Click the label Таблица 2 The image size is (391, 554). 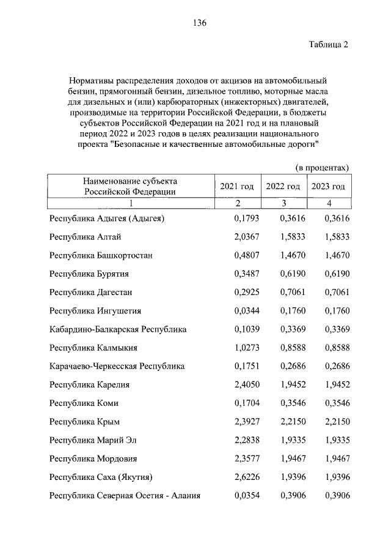tap(327, 46)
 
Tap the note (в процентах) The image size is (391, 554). tap(323, 167)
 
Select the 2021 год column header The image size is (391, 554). tap(237, 186)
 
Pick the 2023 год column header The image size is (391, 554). tap(329, 186)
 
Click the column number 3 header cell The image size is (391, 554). tap(283, 203)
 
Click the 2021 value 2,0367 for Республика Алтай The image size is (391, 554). tap(247, 238)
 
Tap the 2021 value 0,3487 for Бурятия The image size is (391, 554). tap(247, 274)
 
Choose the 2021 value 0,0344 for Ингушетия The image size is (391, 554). tap(247, 311)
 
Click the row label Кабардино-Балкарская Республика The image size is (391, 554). tap(118, 329)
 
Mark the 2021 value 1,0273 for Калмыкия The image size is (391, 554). tap(247, 348)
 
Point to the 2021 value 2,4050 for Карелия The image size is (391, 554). tap(247, 384)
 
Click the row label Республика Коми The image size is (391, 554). tap(84, 403)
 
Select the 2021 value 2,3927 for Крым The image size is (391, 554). tap(247, 421)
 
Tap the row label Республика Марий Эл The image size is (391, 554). tap(93, 440)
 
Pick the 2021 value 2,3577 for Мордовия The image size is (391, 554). tap(247, 458)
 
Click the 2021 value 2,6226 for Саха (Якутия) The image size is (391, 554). tap(247, 476)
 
